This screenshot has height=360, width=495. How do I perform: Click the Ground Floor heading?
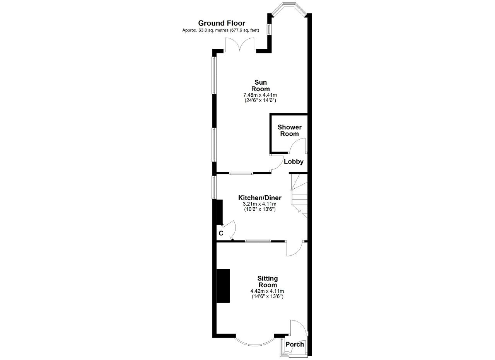coord(222,23)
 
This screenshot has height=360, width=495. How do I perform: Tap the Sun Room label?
coord(261,85)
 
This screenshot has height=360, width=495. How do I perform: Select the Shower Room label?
coord(290,130)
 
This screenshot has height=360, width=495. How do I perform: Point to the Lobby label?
coord(294,162)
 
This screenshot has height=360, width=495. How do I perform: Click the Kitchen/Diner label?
coord(259,198)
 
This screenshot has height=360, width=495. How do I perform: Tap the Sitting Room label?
coord(267,282)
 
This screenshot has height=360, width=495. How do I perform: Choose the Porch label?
coord(295,344)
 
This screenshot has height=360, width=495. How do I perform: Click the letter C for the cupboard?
coord(221,233)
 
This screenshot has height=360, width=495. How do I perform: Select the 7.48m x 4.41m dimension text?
coord(260,95)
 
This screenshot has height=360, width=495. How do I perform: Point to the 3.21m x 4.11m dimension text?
coord(259,204)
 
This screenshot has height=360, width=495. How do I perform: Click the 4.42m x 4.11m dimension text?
coord(267,291)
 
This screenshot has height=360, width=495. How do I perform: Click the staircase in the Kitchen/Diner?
coord(299,195)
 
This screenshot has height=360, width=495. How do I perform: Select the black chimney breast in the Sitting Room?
coord(223,286)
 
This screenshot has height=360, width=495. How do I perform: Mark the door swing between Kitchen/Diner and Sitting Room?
coord(295,249)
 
